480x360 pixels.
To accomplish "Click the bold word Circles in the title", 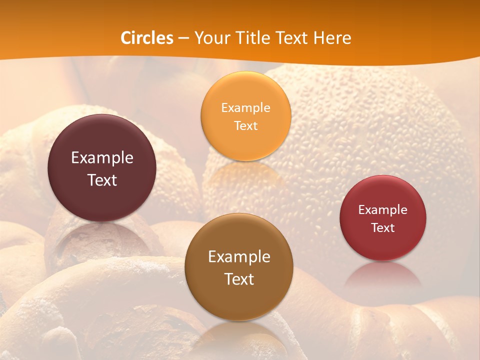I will click(x=147, y=38).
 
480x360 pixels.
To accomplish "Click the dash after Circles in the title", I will click(x=183, y=38).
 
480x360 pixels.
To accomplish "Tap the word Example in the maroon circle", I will click(x=102, y=158).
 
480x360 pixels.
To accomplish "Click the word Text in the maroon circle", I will click(x=102, y=180).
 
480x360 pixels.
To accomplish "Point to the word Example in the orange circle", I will click(x=245, y=108).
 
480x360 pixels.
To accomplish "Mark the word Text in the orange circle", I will click(x=245, y=125).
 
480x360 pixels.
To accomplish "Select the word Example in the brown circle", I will click(x=239, y=257).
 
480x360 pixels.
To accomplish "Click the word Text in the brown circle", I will click(x=239, y=279).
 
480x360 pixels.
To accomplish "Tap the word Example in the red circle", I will click(x=382, y=210).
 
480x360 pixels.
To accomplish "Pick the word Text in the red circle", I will click(x=382, y=227).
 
